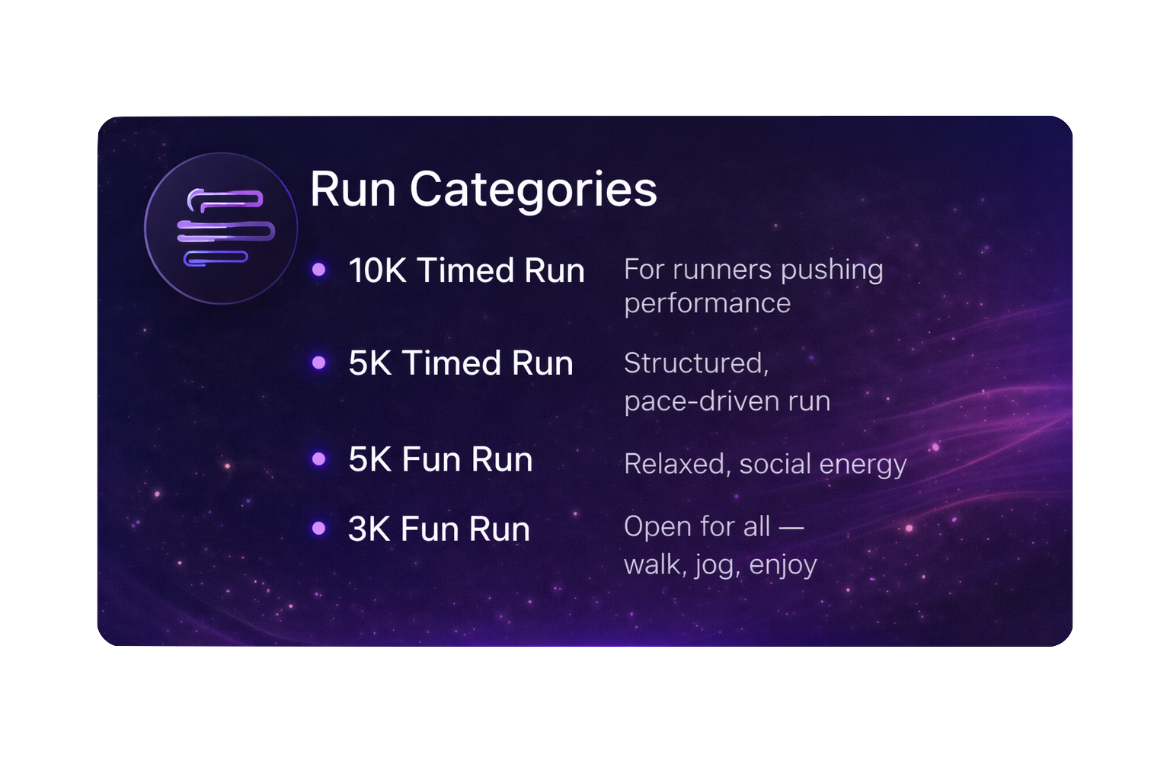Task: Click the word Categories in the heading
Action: click(532, 190)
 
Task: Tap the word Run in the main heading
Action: click(353, 189)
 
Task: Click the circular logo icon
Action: click(220, 228)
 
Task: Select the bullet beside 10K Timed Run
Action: click(319, 270)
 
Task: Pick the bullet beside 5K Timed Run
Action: click(319, 363)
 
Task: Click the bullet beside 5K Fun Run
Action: click(319, 459)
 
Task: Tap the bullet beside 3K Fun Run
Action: click(319, 528)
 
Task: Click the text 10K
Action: click(377, 270)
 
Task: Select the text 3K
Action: click(369, 529)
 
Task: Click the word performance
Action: click(707, 304)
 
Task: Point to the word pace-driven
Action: click(702, 401)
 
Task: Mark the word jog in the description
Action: click(714, 565)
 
